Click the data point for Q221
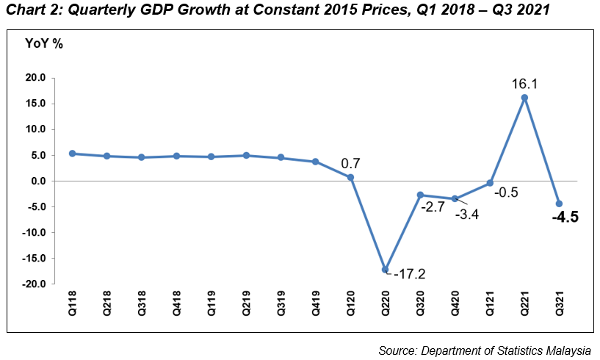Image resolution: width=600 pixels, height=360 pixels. pyautogui.click(x=524, y=98)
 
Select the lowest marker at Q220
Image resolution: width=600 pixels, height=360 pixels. pyautogui.click(x=385, y=270)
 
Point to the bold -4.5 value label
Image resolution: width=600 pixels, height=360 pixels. pyautogui.click(x=565, y=217)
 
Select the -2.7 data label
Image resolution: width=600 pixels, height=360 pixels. pyautogui.click(x=433, y=208)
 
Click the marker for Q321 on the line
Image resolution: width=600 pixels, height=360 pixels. pyautogui.click(x=559, y=204)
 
